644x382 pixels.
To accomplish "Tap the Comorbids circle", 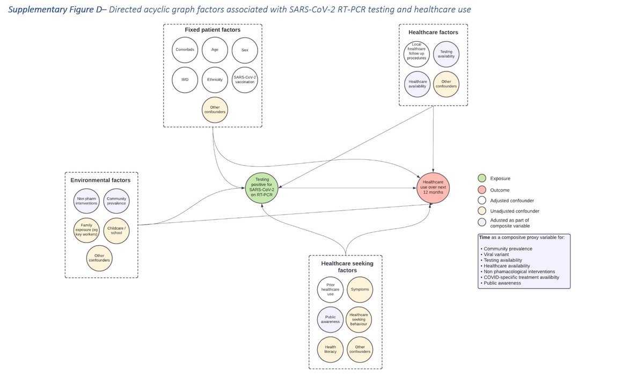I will point(185,49).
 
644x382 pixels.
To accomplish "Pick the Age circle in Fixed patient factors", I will point(215,49).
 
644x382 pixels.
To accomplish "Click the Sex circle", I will point(245,49).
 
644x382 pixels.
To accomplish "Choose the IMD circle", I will point(185,79).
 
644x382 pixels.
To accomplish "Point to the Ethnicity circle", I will point(215,79).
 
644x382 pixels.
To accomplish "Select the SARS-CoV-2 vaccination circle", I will point(245,79).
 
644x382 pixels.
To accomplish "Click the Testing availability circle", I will point(446,55).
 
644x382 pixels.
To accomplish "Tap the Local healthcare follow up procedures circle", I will point(416,55).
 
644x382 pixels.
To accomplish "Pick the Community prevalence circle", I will point(116,201).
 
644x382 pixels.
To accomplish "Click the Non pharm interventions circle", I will point(86,201).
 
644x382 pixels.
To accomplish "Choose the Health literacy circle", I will point(330,349).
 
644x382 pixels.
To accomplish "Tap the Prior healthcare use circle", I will point(330,290).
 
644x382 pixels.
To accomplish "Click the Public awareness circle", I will point(330,319).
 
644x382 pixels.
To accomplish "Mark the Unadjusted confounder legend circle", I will point(481,211).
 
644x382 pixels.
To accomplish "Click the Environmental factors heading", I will point(101,180).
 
